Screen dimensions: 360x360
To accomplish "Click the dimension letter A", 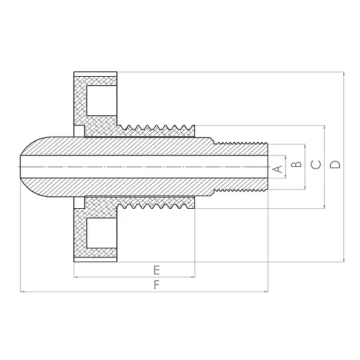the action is tap(278, 169).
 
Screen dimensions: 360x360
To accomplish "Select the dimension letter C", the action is tap(316, 164).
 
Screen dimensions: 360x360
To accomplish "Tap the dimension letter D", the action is tap(335, 164).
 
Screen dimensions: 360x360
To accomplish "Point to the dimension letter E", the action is tap(157, 270).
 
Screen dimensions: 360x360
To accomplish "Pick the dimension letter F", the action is tap(157, 285).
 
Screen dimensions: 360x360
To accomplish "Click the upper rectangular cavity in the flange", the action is tap(101, 101).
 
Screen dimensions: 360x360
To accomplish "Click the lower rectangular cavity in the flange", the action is tap(101, 233).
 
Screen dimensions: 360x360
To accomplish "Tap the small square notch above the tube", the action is tap(79, 131).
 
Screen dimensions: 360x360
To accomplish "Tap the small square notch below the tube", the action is tap(79, 203).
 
